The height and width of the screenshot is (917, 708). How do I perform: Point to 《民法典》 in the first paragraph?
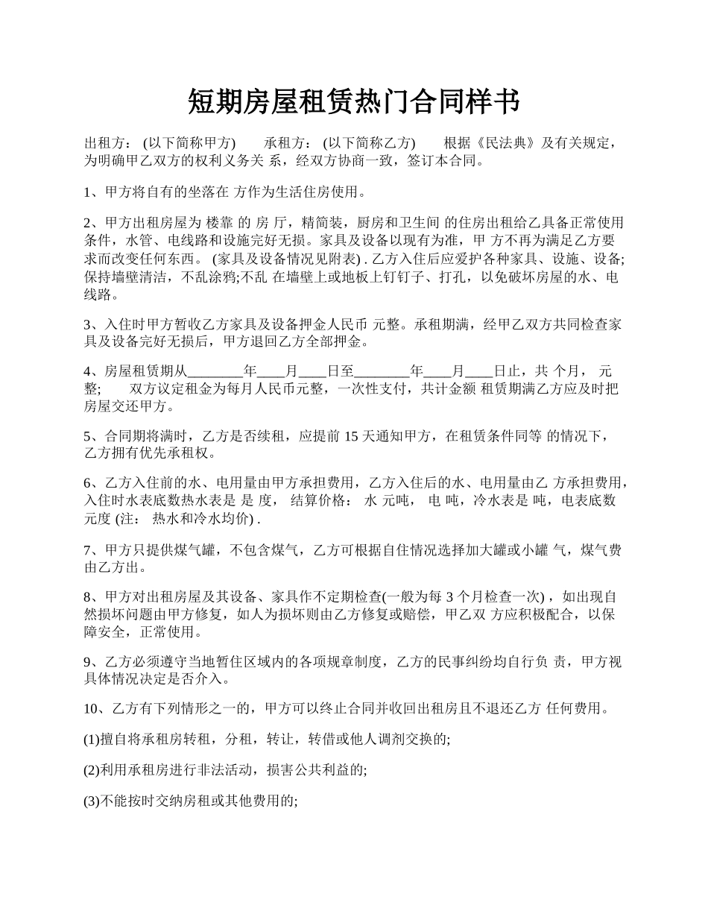click(507, 143)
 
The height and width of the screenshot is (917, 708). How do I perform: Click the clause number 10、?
click(96, 708)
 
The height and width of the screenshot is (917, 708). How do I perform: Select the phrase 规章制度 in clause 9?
click(354, 662)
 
